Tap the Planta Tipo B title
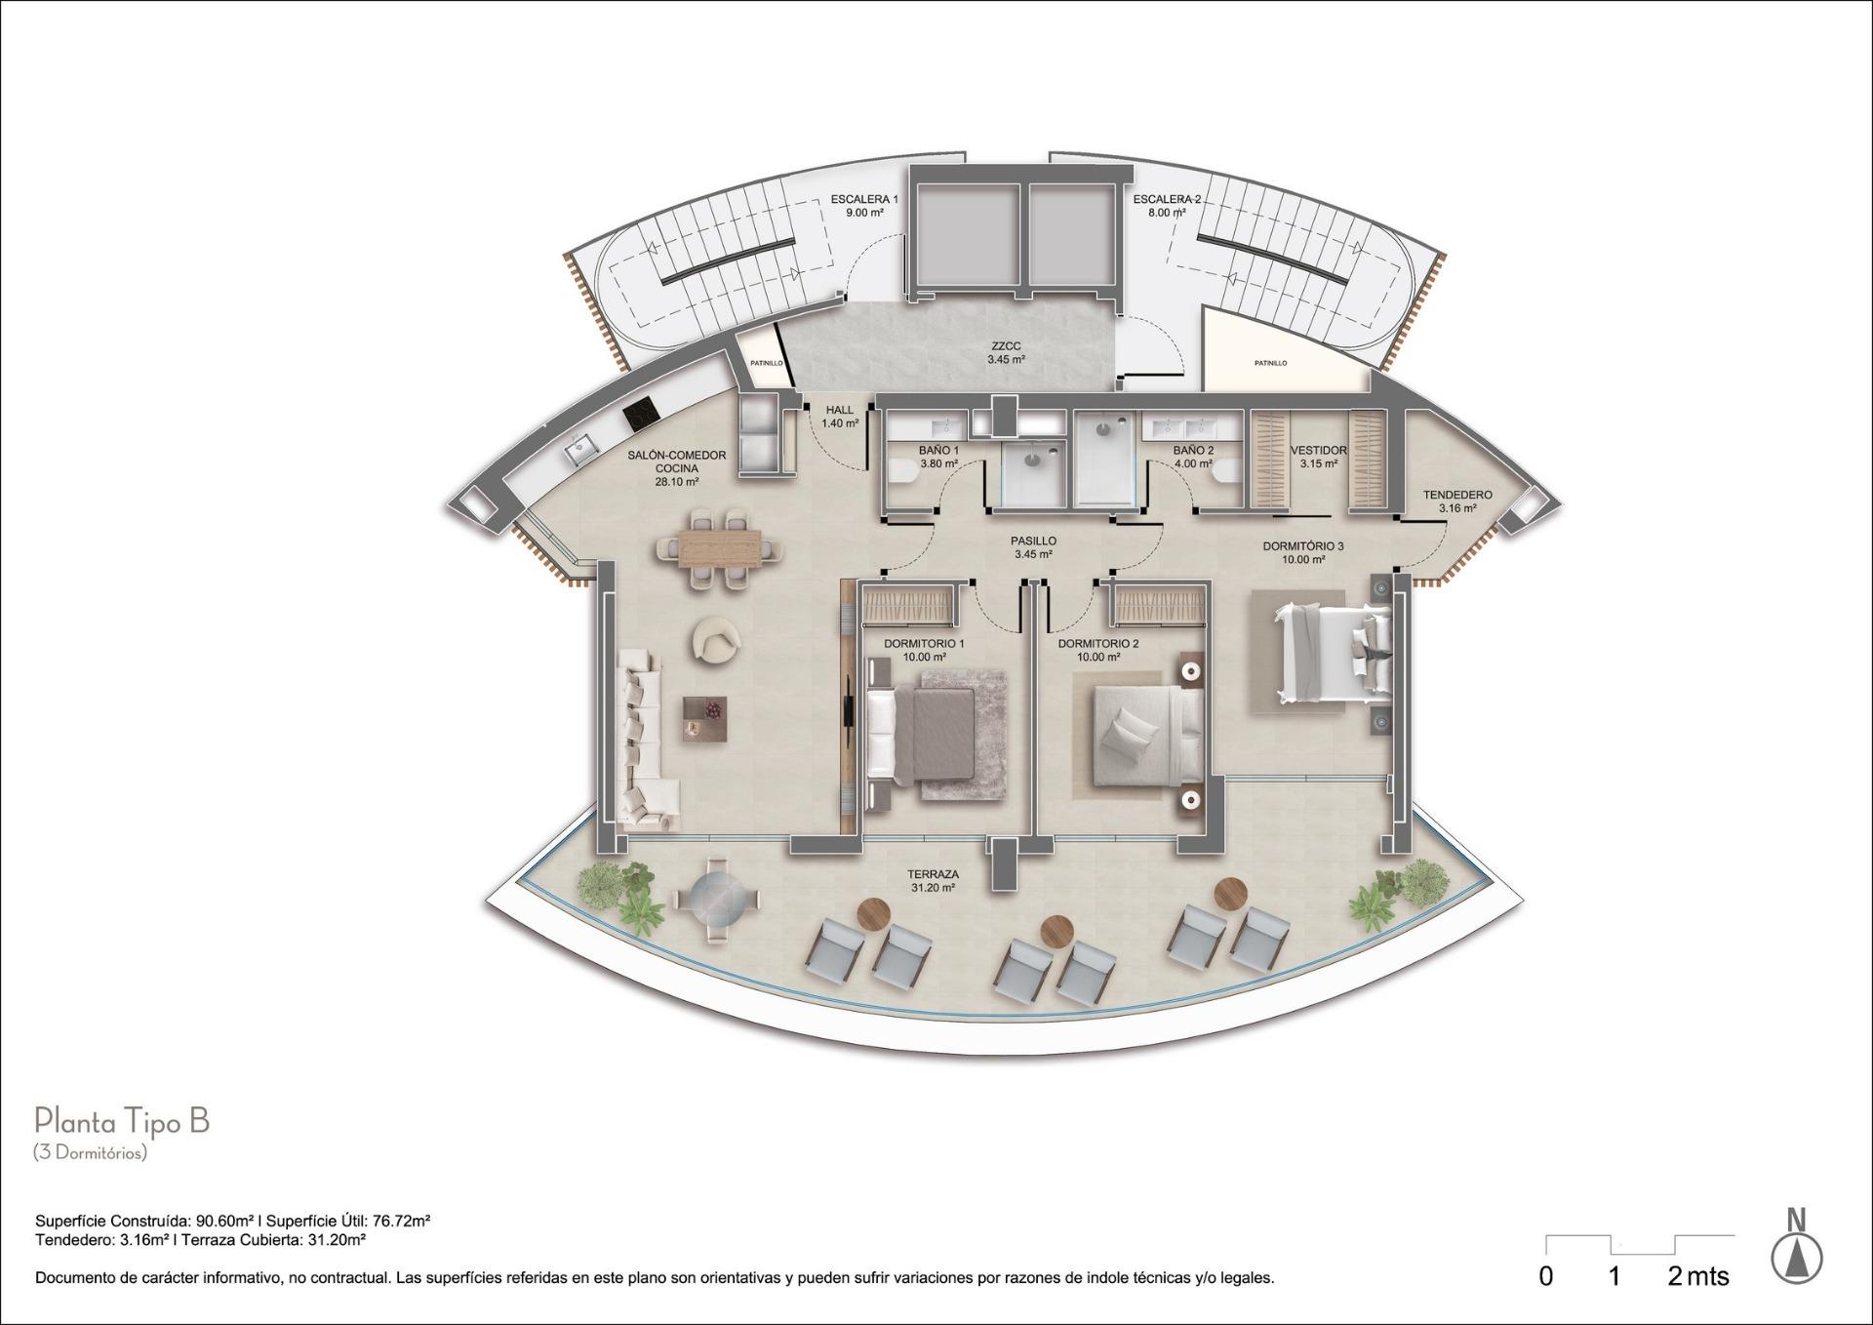(122, 1121)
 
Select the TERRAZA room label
(933, 875)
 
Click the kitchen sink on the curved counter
(582, 450)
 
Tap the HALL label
(839, 411)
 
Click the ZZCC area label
(1006, 346)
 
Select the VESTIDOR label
(1318, 451)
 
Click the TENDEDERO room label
(1456, 495)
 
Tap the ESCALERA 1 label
(864, 199)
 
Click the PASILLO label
(1033, 541)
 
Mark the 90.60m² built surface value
(225, 1221)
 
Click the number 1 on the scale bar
(1614, 1275)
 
